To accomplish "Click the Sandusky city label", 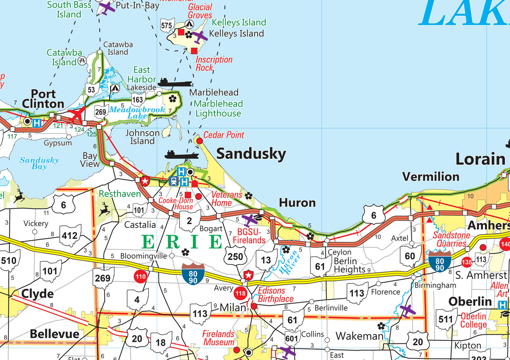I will (x=251, y=155).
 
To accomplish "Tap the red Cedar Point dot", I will (x=198, y=140).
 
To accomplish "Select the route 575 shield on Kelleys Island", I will (x=167, y=26).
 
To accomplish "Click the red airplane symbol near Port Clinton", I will (x=78, y=114).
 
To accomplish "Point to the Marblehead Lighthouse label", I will (x=219, y=108).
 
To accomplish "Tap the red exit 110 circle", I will (x=140, y=277).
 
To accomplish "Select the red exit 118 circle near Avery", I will (x=241, y=293).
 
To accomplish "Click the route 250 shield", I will (x=235, y=256).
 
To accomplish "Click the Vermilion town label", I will (x=430, y=177).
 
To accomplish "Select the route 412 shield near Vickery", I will (x=69, y=236).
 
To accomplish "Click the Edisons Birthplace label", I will (x=275, y=295).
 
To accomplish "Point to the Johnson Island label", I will (x=142, y=137).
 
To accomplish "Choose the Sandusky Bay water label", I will (x=39, y=163).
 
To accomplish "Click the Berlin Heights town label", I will (x=349, y=265).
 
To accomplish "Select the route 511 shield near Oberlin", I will (x=446, y=319).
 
